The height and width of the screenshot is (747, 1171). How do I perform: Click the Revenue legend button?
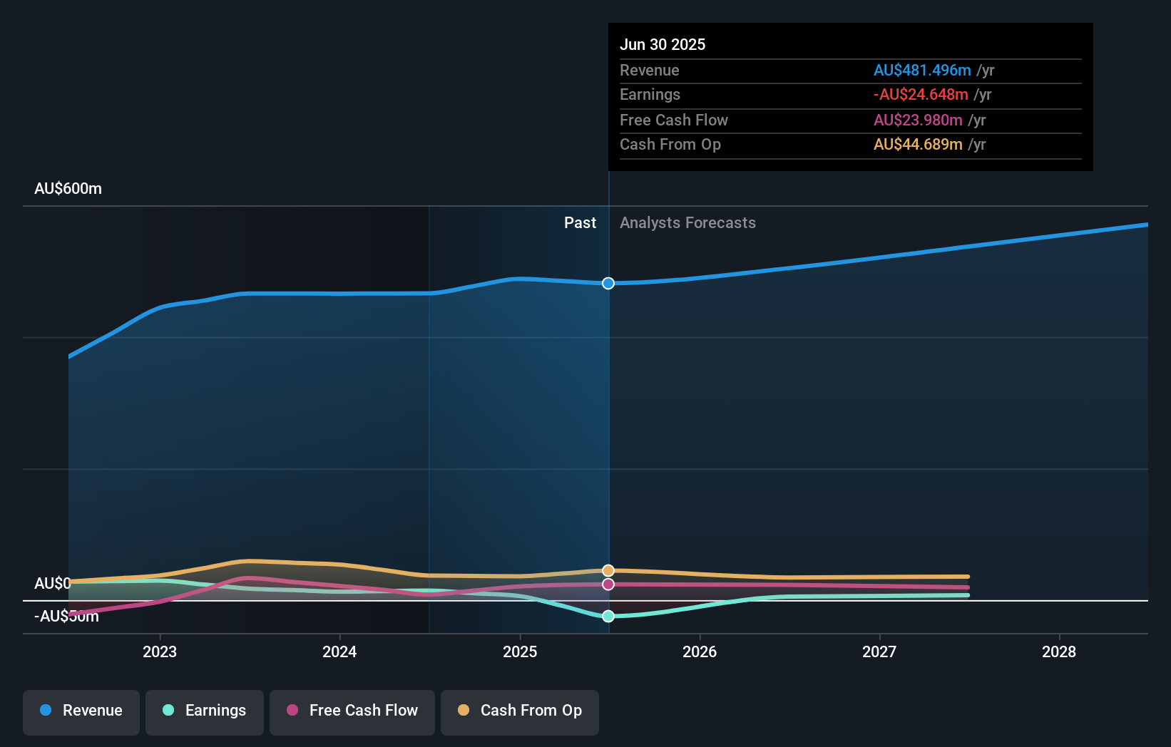pos(81,711)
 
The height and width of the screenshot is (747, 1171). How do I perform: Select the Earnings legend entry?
pos(205,711)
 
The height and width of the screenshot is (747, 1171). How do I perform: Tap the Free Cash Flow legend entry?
pos(352,711)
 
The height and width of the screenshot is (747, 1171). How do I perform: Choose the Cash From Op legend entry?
pos(520,711)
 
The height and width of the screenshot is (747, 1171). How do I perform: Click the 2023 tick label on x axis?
pos(160,652)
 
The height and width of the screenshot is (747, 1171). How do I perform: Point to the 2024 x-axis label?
pos(339,652)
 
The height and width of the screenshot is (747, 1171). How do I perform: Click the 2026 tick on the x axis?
pos(700,652)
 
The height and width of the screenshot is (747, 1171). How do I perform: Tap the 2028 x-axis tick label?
pos(1059,652)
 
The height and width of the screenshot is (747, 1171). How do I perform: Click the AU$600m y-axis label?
pos(68,189)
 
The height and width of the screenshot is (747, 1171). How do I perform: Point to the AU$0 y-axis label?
pos(52,584)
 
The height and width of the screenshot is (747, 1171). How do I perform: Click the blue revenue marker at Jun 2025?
pos(608,284)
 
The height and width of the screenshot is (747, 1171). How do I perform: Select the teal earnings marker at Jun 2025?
pos(608,617)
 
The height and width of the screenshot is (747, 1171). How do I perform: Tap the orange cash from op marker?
pos(608,571)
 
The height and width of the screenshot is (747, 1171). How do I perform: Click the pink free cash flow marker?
pos(608,584)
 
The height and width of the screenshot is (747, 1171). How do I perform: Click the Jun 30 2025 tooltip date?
pos(663,45)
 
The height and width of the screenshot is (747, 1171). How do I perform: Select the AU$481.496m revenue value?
pos(922,71)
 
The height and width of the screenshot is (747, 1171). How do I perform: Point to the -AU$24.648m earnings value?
pos(921,95)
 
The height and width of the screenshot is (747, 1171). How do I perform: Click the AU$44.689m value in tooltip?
pos(918,145)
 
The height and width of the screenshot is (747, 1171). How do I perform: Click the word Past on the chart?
pos(580,223)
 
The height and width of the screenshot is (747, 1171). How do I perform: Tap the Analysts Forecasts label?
pos(687,223)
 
